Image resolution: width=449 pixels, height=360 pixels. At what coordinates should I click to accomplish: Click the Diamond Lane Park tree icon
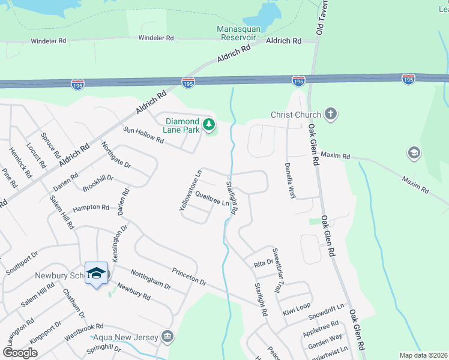click(x=209, y=125)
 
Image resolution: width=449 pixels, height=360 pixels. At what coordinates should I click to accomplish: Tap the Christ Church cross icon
click(x=330, y=113)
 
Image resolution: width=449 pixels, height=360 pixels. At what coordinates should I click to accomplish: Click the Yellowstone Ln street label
click(x=190, y=191)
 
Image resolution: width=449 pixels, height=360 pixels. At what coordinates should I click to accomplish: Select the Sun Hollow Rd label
click(x=143, y=136)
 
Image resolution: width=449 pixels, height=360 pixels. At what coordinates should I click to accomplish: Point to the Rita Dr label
click(x=264, y=263)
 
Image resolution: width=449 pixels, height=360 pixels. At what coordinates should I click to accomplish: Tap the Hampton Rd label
click(x=91, y=208)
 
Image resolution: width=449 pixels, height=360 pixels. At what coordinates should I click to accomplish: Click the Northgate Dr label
click(x=116, y=154)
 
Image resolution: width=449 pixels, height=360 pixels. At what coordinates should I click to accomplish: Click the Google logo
click(x=20, y=353)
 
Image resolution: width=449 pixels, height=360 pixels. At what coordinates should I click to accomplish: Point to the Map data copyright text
click(x=423, y=355)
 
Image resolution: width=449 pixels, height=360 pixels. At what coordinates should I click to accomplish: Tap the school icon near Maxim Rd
click(x=414, y=152)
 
